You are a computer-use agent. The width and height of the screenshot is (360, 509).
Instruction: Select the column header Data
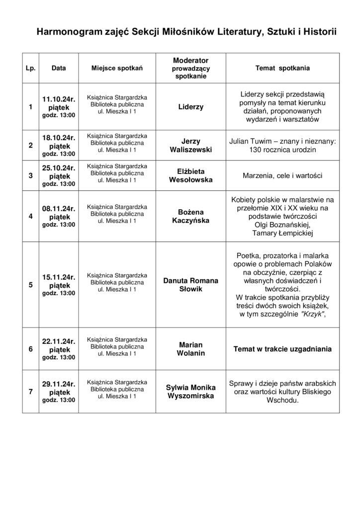pyautogui.click(x=59, y=68)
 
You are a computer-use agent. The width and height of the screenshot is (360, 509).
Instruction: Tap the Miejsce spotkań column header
pyautogui.click(x=117, y=68)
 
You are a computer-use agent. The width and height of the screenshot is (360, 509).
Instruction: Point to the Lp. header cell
pyautogui.click(x=30, y=68)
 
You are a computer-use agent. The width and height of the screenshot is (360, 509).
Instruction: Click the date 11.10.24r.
pyautogui.click(x=59, y=99)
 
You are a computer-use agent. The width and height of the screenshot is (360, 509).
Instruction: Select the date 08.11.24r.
pyautogui.click(x=59, y=209)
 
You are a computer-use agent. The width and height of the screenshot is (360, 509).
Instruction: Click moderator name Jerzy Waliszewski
pyautogui.click(x=191, y=145)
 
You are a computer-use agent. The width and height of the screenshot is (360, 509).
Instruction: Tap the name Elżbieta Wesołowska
pyautogui.click(x=191, y=175)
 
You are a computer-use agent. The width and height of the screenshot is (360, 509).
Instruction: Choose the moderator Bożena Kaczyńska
pyautogui.click(x=191, y=216)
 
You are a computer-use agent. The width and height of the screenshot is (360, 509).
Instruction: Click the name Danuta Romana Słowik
pyautogui.click(x=191, y=285)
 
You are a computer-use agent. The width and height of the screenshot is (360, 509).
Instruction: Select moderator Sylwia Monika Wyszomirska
pyautogui.click(x=191, y=391)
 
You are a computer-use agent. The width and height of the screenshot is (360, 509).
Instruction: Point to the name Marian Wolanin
pyautogui.click(x=191, y=349)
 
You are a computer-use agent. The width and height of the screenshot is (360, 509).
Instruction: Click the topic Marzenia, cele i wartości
pyautogui.click(x=282, y=176)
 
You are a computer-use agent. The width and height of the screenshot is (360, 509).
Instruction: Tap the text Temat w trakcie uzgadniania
pyautogui.click(x=282, y=349)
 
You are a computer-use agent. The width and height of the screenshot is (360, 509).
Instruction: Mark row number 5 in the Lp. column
pyautogui.click(x=30, y=285)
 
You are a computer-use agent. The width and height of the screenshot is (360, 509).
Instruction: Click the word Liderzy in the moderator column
pyautogui.click(x=191, y=107)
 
